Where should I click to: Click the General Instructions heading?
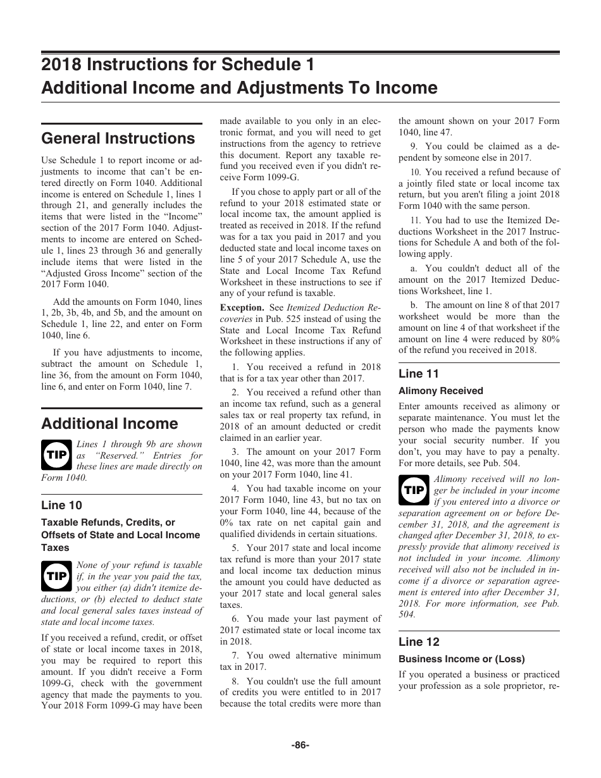point(118,139)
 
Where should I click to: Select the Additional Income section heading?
point(109,423)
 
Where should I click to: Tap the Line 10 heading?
point(61,505)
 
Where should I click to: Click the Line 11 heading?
point(419,373)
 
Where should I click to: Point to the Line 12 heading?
point(419,642)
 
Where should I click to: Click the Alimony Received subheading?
point(440,391)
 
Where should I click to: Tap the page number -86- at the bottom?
point(300,745)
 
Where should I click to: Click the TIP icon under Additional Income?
point(56,454)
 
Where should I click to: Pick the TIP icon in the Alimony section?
point(414,489)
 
